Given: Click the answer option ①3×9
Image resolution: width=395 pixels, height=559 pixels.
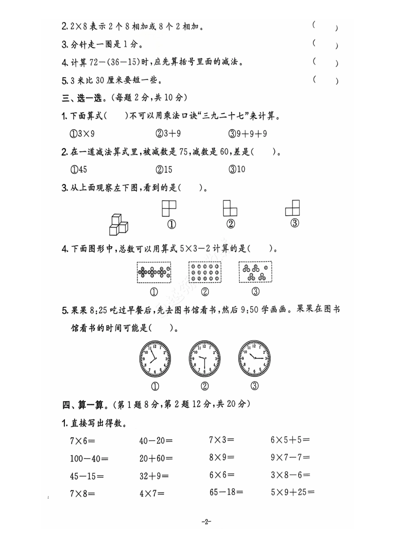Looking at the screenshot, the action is [82, 134].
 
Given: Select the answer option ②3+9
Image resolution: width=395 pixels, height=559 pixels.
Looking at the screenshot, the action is [168, 134].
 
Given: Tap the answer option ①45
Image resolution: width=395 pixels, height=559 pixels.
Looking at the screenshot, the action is [79, 170].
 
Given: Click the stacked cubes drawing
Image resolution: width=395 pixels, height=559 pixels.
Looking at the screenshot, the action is [118, 225].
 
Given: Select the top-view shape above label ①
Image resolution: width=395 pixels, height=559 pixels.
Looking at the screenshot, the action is [169, 208].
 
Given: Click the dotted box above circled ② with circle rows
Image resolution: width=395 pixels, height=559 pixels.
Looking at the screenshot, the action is [205, 273].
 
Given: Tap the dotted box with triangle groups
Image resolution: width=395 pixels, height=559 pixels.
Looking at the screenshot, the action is [255, 272].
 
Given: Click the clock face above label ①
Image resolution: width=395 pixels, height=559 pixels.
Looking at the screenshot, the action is [155, 359].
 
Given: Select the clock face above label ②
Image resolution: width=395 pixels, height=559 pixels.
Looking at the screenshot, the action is [205, 359].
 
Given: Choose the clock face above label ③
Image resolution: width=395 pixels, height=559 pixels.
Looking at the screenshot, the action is [254, 358].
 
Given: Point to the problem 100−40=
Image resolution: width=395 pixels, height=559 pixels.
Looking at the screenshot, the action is [89, 458].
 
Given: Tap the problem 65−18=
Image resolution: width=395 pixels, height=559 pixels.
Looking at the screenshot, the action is [226, 492].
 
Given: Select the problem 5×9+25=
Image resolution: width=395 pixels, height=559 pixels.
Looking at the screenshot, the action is [293, 493].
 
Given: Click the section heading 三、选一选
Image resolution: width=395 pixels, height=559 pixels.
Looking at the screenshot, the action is [82, 98].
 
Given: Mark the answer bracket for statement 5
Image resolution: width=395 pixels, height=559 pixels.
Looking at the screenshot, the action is [325, 80].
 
